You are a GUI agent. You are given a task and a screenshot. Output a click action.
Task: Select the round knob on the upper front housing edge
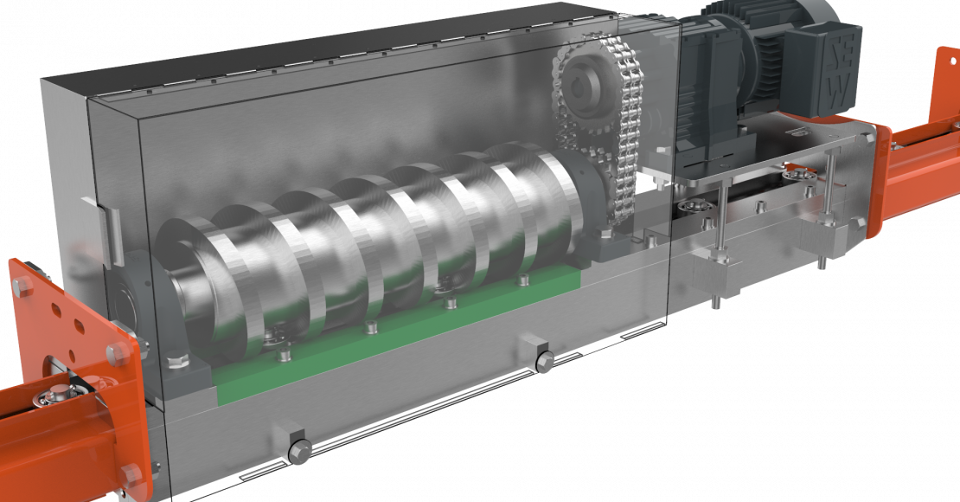pyautogui.click(x=543, y=361)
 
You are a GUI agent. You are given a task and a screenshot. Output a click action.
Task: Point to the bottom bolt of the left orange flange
pyautogui.click(x=131, y=473)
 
